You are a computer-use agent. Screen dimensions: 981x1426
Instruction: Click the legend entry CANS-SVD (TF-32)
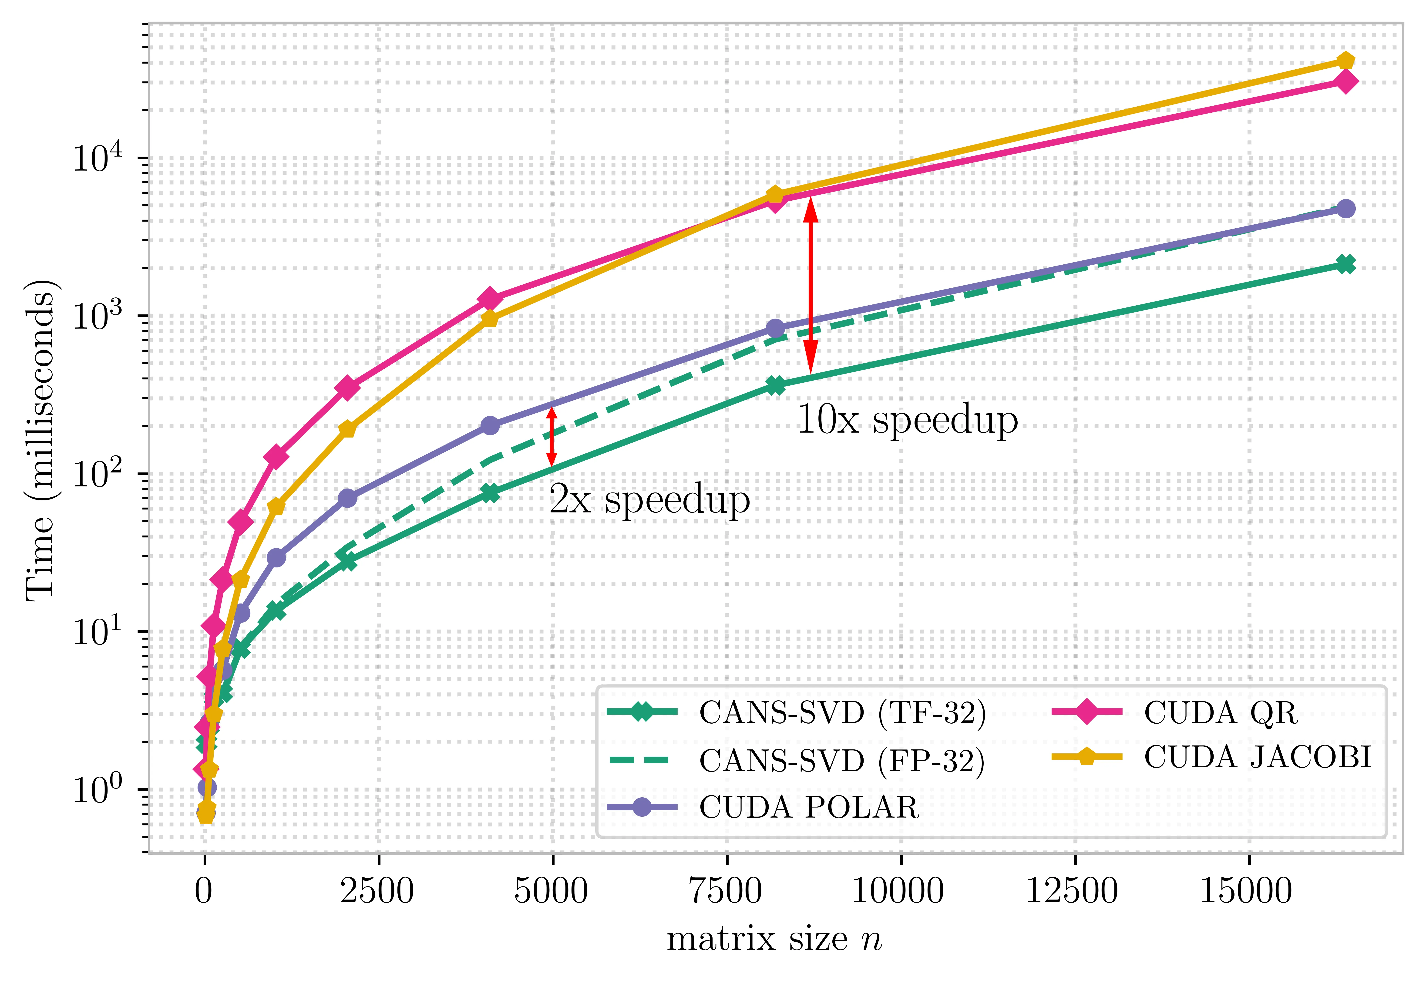[x=842, y=713]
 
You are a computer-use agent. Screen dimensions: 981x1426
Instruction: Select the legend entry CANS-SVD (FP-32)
[x=842, y=761]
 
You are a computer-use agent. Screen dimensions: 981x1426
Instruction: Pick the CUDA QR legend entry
[x=1220, y=713]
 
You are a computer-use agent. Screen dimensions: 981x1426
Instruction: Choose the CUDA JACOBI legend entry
[x=1257, y=757]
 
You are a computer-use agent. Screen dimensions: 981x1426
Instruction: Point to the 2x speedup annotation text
[x=649, y=499]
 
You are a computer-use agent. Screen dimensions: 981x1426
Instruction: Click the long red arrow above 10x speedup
[x=811, y=286]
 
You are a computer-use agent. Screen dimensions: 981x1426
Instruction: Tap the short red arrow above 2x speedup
[x=552, y=436]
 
